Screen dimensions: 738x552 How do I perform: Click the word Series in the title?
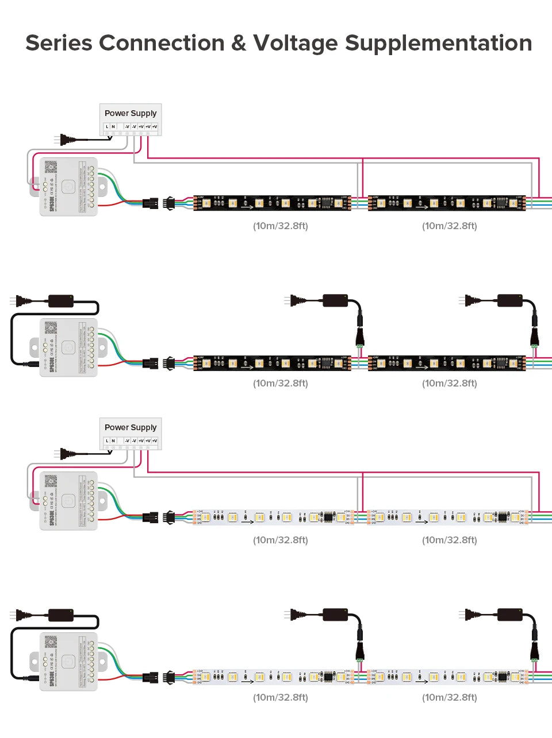(58, 43)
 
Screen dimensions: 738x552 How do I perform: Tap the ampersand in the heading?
(238, 44)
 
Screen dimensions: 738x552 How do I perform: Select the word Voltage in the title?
(296, 44)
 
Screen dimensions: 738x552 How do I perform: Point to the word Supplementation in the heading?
(438, 44)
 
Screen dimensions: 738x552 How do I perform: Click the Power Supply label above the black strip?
(131, 113)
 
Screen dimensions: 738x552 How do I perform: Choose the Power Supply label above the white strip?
(131, 427)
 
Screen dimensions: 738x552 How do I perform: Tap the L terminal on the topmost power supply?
(106, 126)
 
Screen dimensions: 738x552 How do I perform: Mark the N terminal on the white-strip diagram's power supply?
(113, 441)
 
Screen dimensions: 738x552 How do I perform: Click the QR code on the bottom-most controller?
(51, 642)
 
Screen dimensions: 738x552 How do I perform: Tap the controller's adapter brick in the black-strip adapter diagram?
(61, 301)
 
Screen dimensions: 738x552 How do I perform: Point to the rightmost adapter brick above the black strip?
(509, 300)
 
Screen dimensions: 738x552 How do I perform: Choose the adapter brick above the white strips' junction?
(335, 615)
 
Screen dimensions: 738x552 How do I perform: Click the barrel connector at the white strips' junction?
(360, 648)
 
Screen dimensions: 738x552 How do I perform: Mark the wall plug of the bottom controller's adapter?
(21, 615)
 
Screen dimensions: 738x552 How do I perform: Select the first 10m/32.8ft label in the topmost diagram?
(281, 226)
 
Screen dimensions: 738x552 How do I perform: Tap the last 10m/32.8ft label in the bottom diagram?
(450, 697)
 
